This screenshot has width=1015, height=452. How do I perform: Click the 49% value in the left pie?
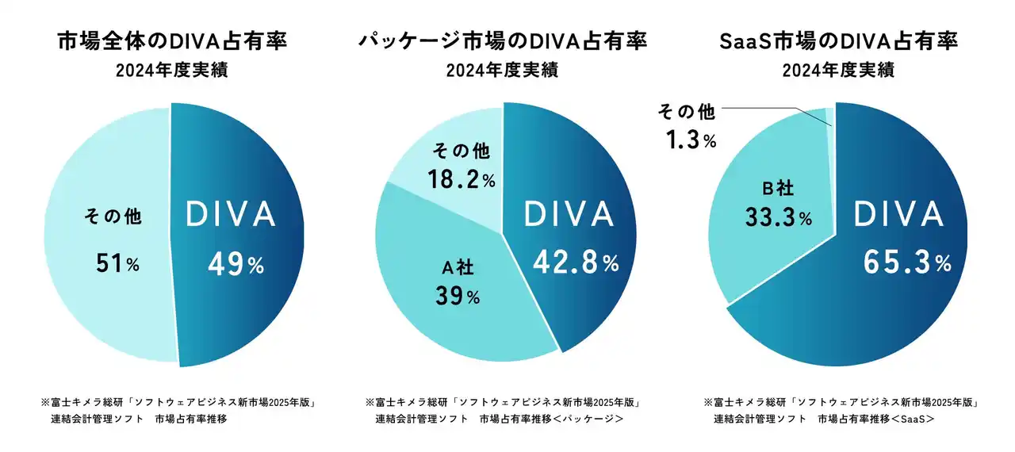236,265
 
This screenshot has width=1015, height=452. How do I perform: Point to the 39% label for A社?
458,297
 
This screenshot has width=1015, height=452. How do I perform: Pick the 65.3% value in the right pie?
903,263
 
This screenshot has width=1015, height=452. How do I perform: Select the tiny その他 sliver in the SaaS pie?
830,115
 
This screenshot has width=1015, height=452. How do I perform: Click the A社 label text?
457,269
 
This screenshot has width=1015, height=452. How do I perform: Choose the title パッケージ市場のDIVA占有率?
502,41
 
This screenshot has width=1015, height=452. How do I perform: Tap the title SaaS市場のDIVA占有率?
837,41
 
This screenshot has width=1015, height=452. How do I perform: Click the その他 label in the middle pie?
459,151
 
